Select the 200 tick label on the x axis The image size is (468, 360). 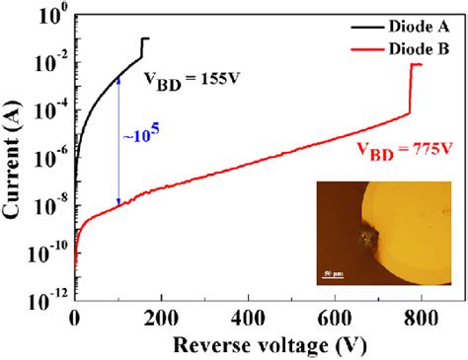point(161,317)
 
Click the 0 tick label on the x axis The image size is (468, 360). point(75,317)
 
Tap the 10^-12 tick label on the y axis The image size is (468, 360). point(46,295)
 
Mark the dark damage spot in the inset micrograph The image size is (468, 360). point(370,238)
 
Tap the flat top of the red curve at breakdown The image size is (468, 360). point(417,65)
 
